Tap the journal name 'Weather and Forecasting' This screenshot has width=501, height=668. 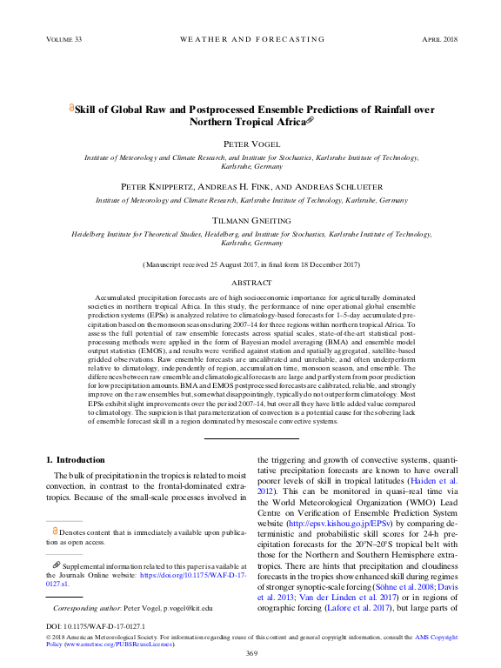pos(250,40)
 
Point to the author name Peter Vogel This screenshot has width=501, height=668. pos(250,144)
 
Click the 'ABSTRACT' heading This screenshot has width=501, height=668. pos(250,283)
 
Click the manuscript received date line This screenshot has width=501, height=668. pos(250,263)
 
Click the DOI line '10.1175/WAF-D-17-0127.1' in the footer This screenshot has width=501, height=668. pos(95,626)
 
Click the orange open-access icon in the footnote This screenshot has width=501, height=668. pos(55,530)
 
